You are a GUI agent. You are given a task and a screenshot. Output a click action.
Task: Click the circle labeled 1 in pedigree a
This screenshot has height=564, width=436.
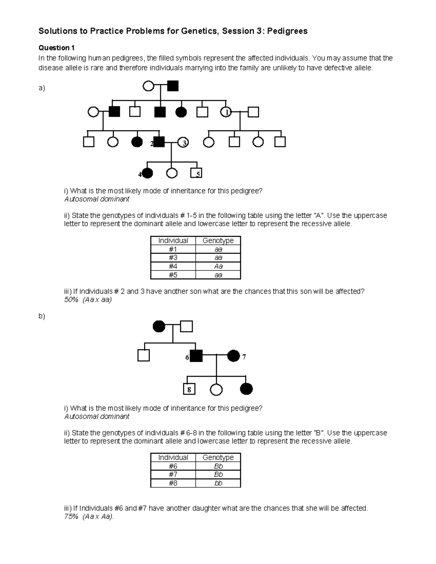coord(226,112)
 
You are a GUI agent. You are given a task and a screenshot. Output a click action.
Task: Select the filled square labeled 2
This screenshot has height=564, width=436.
coord(159,142)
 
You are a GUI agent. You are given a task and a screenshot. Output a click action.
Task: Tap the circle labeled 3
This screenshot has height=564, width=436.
coord(183,142)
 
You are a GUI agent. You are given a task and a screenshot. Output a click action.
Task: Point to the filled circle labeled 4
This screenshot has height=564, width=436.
coord(147,174)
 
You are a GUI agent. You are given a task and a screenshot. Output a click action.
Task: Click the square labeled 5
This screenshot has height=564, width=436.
coord(196,174)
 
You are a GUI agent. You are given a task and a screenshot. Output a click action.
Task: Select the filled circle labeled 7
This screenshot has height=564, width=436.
coord(233,356)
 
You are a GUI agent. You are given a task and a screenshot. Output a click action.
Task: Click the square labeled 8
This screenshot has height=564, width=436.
coord(189,389)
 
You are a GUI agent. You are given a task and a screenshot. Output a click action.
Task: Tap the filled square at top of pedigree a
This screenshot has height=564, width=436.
coord(173,86)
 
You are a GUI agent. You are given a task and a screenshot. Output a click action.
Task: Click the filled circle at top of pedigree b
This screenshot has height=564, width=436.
coord(159,326)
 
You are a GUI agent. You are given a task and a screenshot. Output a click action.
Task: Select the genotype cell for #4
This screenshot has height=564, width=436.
coord(218,266)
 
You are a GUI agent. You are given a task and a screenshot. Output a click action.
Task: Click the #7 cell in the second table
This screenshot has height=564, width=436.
coord(173,475)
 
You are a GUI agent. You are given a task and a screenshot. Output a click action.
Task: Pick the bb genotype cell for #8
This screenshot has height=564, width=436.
coord(218,483)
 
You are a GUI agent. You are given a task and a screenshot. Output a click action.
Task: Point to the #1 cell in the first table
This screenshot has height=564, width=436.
coord(173,249)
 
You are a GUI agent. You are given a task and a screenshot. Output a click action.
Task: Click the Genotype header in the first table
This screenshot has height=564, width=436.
coord(218,240)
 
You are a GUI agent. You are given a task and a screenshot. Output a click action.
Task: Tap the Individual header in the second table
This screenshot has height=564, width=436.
coord(173,458)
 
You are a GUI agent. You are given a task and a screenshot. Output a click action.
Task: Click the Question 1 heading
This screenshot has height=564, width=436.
coord(57,48)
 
